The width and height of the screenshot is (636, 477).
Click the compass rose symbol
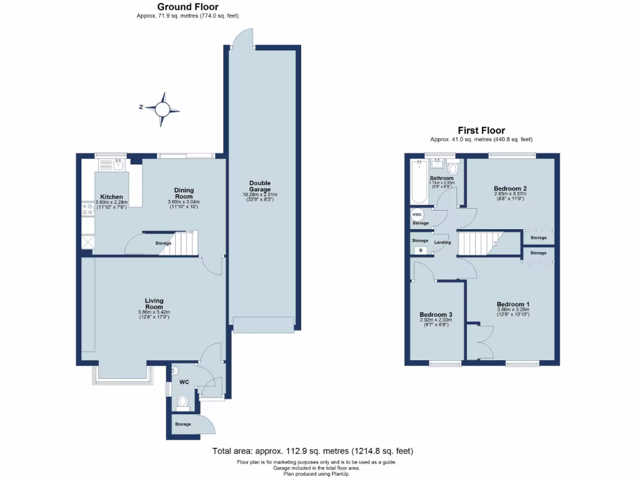point(163,110)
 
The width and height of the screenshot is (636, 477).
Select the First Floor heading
point(481,130)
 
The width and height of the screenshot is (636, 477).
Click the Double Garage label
point(260,186)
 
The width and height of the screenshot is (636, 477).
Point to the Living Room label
point(154,304)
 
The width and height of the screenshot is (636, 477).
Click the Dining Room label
point(183,194)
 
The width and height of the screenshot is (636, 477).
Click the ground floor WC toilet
point(183,404)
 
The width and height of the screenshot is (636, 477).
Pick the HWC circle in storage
point(417,214)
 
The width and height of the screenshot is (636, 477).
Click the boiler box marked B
point(420,250)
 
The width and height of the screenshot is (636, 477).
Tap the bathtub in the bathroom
point(418,183)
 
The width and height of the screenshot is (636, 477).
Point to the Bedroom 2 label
point(511,188)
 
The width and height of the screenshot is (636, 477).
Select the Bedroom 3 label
point(435,315)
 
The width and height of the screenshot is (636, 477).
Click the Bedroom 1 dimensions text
point(513,312)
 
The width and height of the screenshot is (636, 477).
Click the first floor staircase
point(479,243)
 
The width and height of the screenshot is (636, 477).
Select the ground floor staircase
point(182,243)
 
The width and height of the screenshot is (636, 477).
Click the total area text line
point(312,451)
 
